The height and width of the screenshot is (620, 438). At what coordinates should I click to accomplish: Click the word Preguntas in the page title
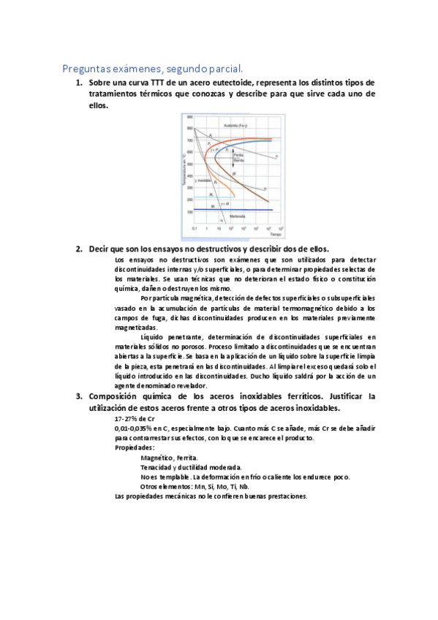tap(83, 69)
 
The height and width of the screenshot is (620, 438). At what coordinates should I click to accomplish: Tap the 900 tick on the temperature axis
tap(189, 117)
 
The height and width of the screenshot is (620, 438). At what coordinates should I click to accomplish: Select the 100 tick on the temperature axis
tap(189, 212)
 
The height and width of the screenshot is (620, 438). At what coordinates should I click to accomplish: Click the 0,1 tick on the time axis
tap(195, 229)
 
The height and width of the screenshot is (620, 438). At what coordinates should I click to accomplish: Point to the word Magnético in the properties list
tap(158, 457)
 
